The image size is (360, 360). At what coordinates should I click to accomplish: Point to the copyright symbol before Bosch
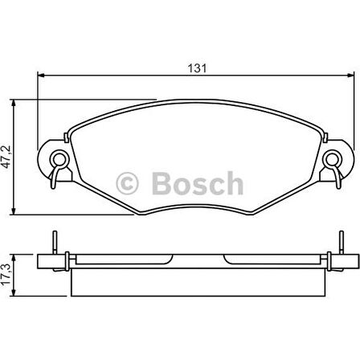[x=129, y=184]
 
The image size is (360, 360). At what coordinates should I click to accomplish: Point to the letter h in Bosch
[x=233, y=183]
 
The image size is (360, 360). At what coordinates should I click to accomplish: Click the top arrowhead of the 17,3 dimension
[x=18, y=256]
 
